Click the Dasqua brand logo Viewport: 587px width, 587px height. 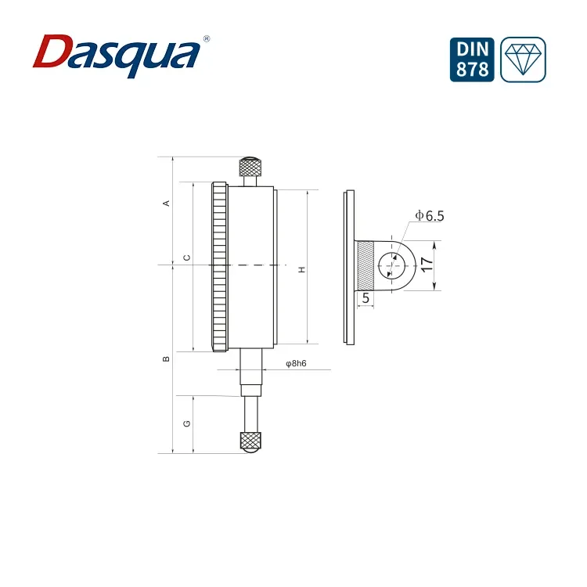[x=117, y=53]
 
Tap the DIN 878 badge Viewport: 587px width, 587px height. [x=474, y=59]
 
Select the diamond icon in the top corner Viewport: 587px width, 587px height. [x=523, y=59]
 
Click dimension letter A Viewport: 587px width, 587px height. [x=165, y=203]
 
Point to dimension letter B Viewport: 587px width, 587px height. [x=165, y=359]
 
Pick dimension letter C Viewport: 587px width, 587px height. [x=185, y=257]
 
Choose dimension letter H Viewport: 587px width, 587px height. [x=301, y=269]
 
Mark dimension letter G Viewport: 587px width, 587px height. [x=185, y=423]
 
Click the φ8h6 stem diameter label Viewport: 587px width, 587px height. [x=296, y=363]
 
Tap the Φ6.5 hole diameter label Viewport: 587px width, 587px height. [x=429, y=215]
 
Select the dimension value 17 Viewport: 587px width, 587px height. [x=426, y=265]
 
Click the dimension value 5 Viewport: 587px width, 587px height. [x=366, y=298]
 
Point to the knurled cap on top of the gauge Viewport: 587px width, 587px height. [x=250, y=167]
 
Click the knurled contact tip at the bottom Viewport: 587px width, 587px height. [x=250, y=440]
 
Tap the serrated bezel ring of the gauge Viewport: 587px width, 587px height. [x=219, y=266]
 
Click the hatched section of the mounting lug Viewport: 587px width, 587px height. [x=366, y=265]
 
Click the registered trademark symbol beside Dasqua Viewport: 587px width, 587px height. [x=206, y=38]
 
